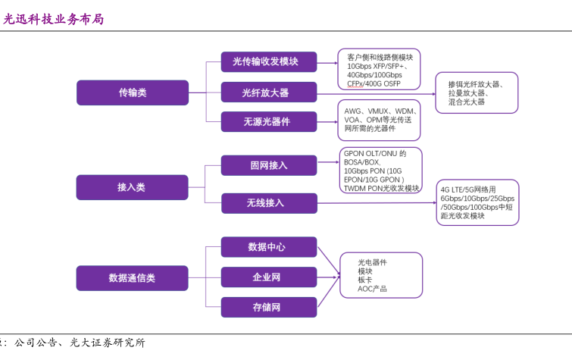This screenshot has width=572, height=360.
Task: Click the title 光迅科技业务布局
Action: click(x=52, y=19)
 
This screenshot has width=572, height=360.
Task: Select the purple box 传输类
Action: click(x=132, y=92)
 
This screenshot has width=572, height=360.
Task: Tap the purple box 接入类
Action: click(x=132, y=187)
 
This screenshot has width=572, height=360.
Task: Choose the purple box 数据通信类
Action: click(x=132, y=278)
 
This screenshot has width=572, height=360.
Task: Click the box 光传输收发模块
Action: click(x=269, y=62)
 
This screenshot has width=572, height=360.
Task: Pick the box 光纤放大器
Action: click(x=269, y=92)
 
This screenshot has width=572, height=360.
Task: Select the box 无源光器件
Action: click(x=269, y=121)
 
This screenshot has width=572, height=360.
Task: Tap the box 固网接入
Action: click(x=269, y=165)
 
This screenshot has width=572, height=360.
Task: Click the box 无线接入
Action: click(x=269, y=203)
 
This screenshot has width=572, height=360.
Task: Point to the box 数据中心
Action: click(x=269, y=247)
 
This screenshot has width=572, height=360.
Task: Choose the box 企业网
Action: click(x=269, y=277)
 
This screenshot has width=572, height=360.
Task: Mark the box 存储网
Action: click(x=269, y=307)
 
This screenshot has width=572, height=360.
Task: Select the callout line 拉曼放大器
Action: click(x=467, y=92)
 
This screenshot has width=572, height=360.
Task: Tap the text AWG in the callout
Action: click(x=353, y=111)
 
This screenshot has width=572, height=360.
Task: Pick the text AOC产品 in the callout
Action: click(x=373, y=289)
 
